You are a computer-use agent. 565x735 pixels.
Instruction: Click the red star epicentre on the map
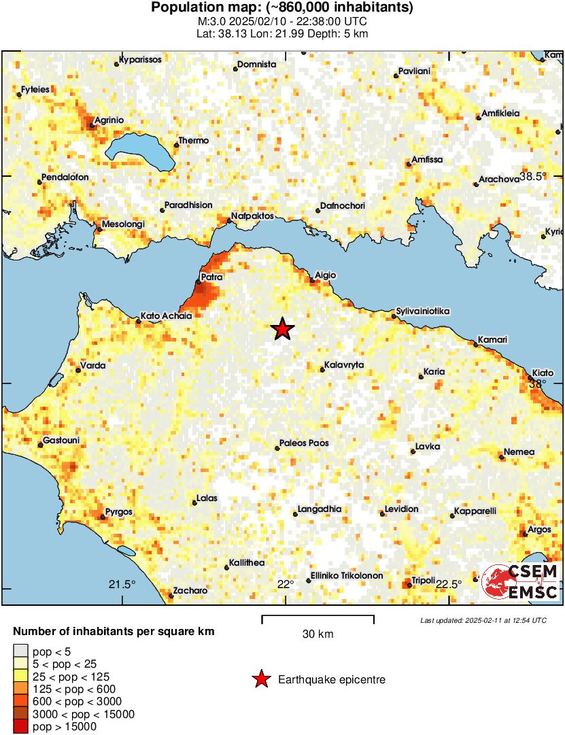coord(283,329)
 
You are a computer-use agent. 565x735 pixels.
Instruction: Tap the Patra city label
coord(211,277)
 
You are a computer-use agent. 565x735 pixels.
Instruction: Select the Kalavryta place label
coord(344,365)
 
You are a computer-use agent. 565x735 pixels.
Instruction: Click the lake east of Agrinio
coord(139,153)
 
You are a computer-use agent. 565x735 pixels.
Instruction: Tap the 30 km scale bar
coord(318,617)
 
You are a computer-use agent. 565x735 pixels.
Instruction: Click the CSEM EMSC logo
coord(521,582)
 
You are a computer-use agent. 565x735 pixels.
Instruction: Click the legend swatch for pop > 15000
coord(20,726)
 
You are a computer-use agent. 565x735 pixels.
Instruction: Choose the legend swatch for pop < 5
coord(20,651)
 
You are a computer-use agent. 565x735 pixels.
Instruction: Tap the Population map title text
coord(282,8)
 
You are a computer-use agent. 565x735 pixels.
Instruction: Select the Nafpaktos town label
coord(252,216)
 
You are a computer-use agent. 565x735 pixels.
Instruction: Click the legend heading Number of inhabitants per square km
coord(114,632)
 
